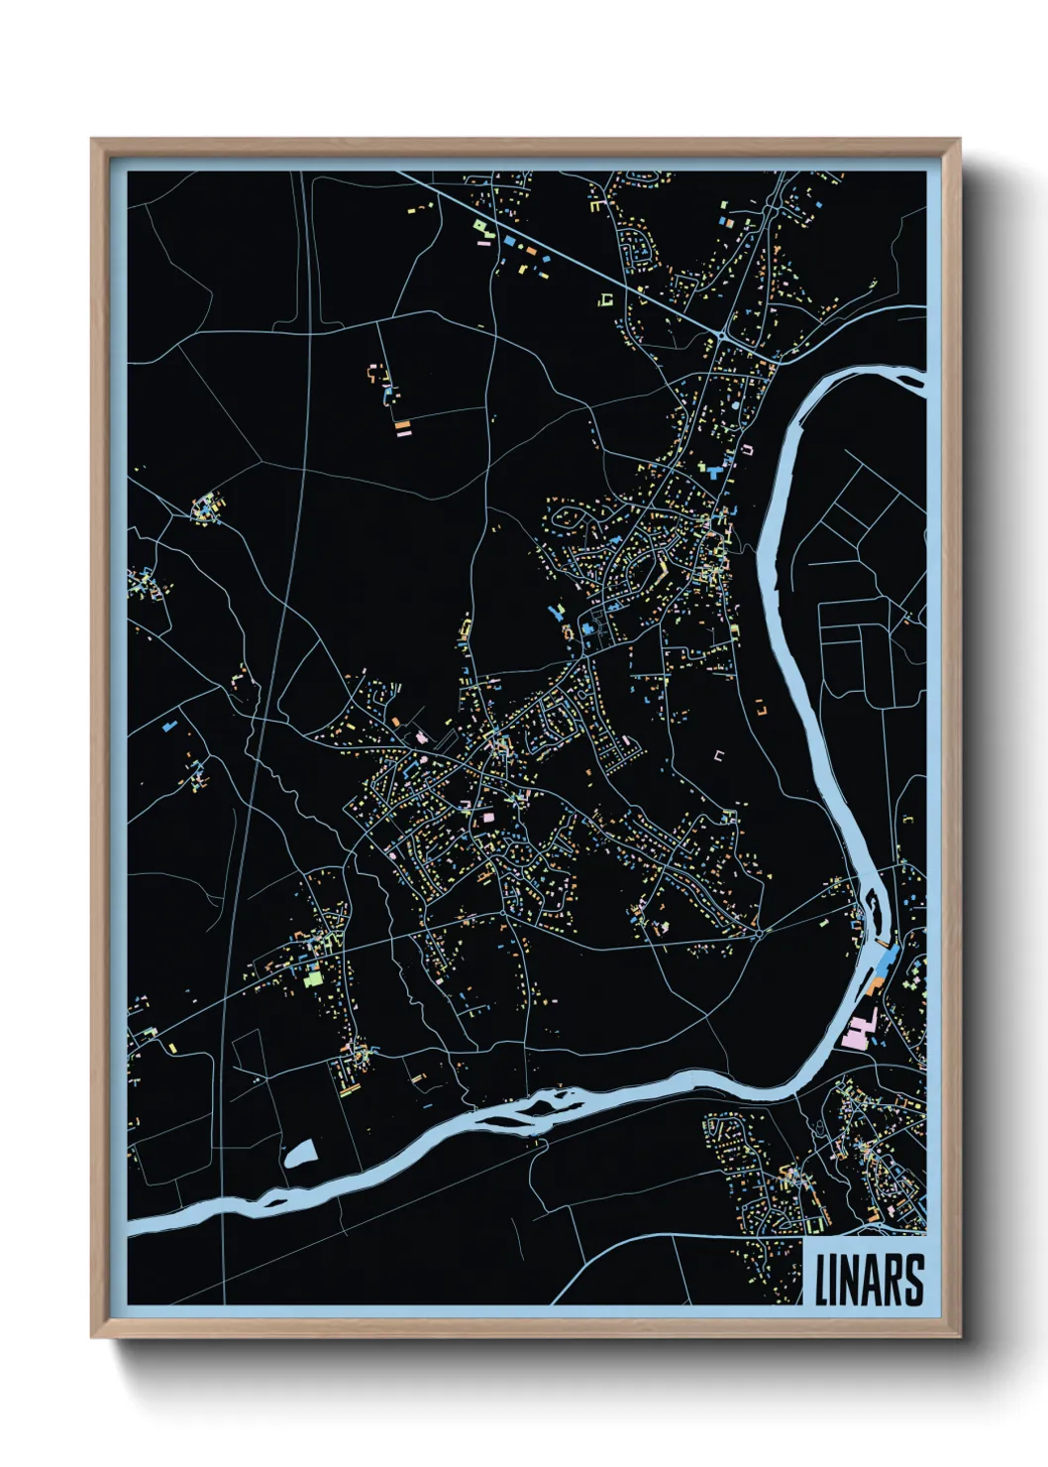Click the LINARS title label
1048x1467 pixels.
point(869,1280)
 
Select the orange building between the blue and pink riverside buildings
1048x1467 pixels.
point(875,984)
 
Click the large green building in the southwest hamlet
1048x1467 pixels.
point(314,977)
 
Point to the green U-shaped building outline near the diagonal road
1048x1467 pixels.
point(605,298)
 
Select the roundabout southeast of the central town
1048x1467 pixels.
point(758,932)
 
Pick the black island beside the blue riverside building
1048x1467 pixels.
point(872,904)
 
